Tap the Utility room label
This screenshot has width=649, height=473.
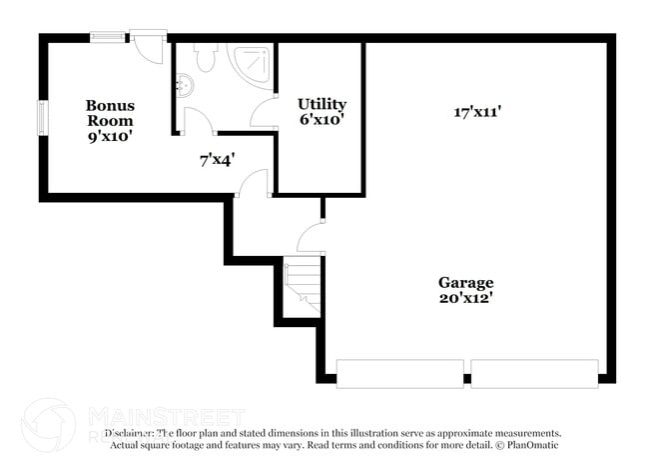click(x=322, y=104)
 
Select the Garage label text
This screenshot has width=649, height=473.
click(x=465, y=282)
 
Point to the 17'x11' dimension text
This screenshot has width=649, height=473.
click(x=476, y=112)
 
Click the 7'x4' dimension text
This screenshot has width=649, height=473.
click(x=217, y=158)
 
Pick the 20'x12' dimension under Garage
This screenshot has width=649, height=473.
click(x=465, y=297)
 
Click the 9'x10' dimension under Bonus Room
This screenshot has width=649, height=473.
click(x=110, y=136)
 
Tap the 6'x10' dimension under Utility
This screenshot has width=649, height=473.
click(x=322, y=120)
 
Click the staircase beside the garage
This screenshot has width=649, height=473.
click(x=303, y=284)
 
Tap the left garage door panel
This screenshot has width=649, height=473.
click(x=399, y=373)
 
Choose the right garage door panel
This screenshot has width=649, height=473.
click(x=534, y=373)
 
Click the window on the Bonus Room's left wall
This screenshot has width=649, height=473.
click(x=42, y=116)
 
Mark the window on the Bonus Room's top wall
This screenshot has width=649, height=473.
click(x=107, y=38)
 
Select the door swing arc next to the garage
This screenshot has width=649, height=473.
click(x=312, y=237)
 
